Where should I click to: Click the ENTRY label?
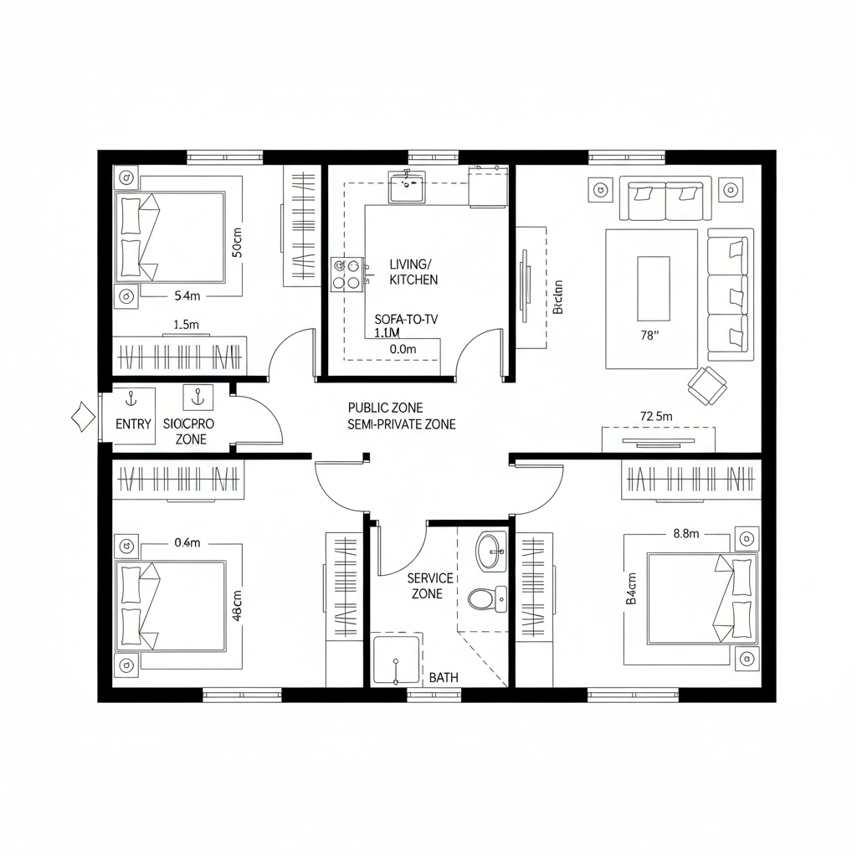(133, 424)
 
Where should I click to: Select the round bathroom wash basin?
(490, 550)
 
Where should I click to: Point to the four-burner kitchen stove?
(350, 274)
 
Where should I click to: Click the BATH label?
(444, 677)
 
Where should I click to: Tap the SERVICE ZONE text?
(430, 586)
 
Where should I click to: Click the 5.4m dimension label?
(187, 295)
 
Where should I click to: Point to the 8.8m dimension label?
(686, 534)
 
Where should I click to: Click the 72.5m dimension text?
(656, 416)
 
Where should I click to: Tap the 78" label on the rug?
(650, 336)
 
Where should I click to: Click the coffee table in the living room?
(654, 288)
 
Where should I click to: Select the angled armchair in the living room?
(706, 383)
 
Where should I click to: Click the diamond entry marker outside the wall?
(82, 416)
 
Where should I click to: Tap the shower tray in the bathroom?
(396, 659)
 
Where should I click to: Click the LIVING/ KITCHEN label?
(413, 272)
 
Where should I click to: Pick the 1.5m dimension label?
(186, 324)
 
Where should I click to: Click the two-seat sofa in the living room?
(665, 198)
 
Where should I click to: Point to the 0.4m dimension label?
(187, 542)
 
